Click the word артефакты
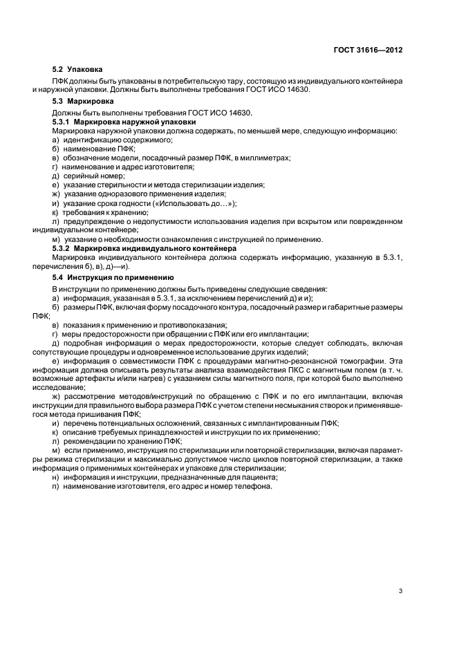point(97,378)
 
